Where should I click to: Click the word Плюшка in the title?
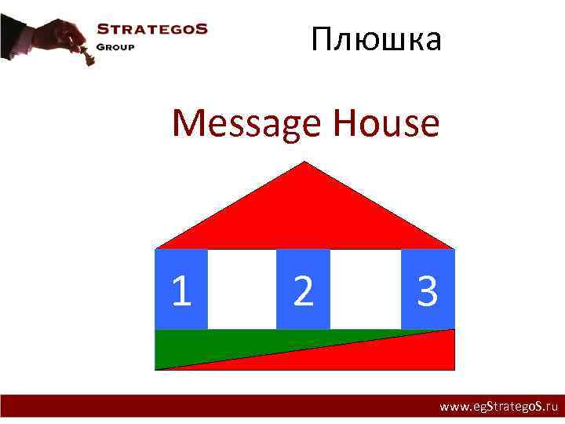click(x=376, y=39)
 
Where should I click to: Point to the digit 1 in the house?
click(x=181, y=291)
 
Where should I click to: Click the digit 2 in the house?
click(x=303, y=291)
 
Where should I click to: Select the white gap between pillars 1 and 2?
click(x=242, y=289)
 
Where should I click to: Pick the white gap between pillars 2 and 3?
click(x=366, y=289)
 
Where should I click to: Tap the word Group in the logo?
click(x=115, y=46)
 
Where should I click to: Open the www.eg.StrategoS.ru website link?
click(x=498, y=407)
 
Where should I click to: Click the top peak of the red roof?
click(x=305, y=164)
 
